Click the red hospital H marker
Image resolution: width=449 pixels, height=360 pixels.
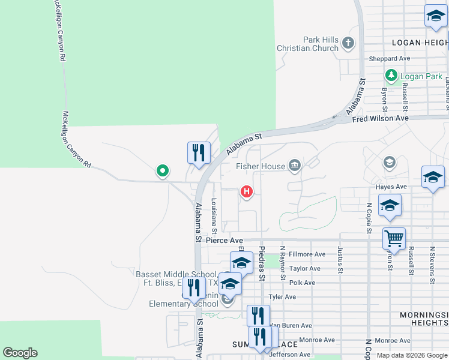point(246,192)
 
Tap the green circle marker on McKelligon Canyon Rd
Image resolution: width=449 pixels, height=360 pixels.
point(162,171)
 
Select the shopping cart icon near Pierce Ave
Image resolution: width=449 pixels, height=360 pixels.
point(394,238)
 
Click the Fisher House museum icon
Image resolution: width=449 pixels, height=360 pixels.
point(294,165)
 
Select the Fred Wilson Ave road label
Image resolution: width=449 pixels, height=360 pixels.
point(380,119)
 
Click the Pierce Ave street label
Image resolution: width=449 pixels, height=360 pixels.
point(223,240)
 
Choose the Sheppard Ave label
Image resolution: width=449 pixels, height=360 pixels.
point(390,59)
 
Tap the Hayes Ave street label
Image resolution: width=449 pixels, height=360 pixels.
point(391,187)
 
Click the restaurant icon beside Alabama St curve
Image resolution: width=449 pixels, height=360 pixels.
point(198,152)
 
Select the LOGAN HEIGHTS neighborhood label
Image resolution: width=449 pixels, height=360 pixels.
point(420,43)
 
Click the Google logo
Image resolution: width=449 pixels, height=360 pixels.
point(20,353)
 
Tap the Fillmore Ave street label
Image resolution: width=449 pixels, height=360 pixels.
point(307,254)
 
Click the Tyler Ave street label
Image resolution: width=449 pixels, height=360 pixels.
point(283,297)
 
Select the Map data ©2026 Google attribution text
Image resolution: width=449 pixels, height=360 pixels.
point(411,355)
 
